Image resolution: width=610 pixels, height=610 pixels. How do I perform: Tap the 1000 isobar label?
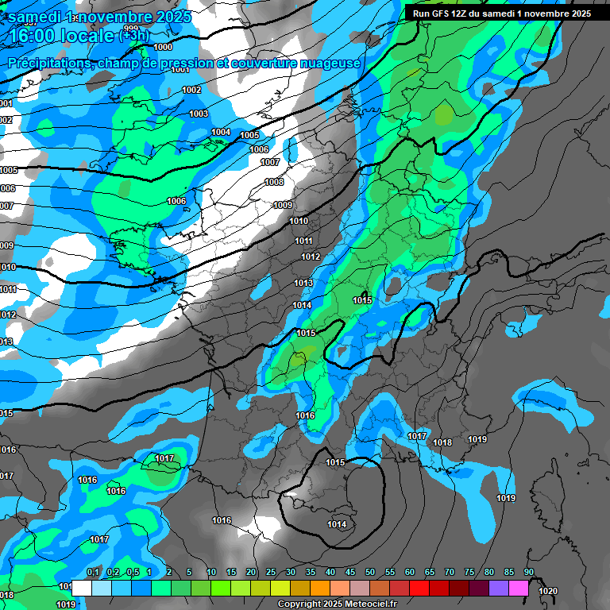click(x=163, y=47)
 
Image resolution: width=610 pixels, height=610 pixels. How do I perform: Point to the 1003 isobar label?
click(x=199, y=114)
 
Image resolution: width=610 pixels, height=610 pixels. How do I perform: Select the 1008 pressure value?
click(x=274, y=182)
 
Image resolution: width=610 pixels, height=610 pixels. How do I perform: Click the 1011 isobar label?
click(x=303, y=241)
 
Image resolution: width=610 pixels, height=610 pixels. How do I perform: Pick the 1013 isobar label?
click(x=303, y=283)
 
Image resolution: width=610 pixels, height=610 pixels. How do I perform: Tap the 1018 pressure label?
click(x=442, y=442)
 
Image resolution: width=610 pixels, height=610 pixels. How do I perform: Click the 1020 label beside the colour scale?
click(x=547, y=591)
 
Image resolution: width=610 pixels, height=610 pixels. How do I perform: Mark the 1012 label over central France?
click(x=311, y=257)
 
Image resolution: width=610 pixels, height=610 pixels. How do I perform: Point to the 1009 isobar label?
click(x=283, y=205)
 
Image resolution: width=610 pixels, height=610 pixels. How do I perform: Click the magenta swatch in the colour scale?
click(x=519, y=589)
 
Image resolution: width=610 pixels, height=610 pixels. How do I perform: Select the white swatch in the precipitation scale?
click(x=82, y=589)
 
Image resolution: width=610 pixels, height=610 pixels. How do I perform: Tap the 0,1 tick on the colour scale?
click(x=93, y=573)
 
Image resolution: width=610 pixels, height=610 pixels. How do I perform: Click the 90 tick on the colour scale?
click(x=529, y=573)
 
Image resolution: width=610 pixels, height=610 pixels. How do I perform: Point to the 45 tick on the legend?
click(x=350, y=573)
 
